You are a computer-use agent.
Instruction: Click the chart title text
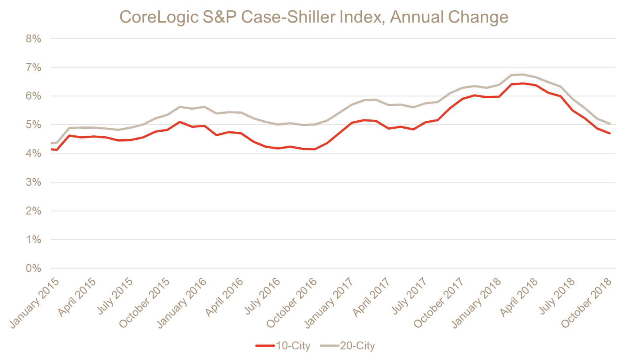click(x=314, y=17)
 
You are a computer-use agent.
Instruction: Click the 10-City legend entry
click(x=283, y=346)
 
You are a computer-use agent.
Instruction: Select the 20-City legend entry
click(x=351, y=346)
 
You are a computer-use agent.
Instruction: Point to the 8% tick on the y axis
click(x=34, y=39)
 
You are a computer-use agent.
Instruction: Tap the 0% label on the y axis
click(x=34, y=268)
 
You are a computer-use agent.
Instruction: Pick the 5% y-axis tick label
click(x=34, y=125)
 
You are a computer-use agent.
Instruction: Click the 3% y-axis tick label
click(x=34, y=182)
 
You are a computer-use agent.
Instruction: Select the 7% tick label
click(x=34, y=68)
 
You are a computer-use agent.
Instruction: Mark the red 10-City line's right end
click(x=610, y=134)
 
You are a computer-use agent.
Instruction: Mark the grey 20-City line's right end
click(x=610, y=123)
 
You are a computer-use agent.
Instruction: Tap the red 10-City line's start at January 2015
click(x=52, y=150)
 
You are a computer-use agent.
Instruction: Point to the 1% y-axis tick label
click(x=34, y=240)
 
